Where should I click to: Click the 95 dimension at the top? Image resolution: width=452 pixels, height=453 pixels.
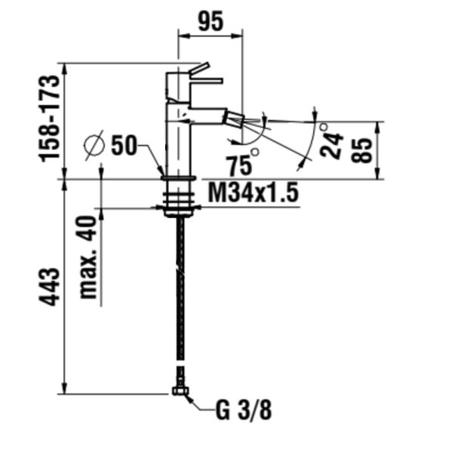click(211, 21)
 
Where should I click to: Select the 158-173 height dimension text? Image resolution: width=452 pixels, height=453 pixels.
click(49, 119)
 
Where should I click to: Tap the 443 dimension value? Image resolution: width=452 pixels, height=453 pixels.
click(49, 287)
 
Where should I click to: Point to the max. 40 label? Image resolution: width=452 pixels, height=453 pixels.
click(88, 257)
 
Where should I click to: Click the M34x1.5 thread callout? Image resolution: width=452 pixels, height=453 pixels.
click(254, 193)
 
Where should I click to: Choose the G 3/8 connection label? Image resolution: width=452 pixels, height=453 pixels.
click(244, 410)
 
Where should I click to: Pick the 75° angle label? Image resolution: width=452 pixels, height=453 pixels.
click(242, 162)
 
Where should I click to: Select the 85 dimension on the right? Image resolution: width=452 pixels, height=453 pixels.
click(361, 150)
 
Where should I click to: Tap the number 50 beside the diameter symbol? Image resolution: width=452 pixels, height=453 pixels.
click(123, 145)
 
